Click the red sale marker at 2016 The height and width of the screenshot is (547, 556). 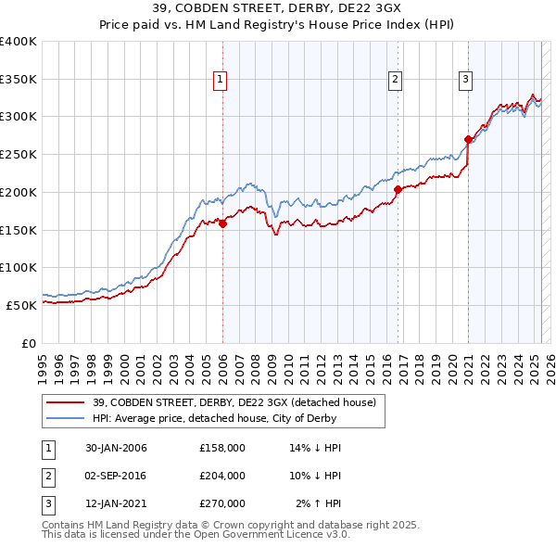click(398, 189)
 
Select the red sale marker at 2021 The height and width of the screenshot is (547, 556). click(468, 140)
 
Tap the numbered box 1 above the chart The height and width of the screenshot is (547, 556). click(221, 81)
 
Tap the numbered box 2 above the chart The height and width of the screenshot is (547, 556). click(396, 81)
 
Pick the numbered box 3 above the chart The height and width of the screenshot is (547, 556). click(465, 81)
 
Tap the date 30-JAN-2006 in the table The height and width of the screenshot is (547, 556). click(115, 448)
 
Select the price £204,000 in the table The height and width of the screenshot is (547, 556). click(222, 476)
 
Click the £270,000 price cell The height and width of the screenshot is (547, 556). click(222, 503)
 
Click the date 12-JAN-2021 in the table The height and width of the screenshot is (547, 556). click(115, 503)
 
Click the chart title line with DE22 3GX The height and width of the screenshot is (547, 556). click(278, 9)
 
